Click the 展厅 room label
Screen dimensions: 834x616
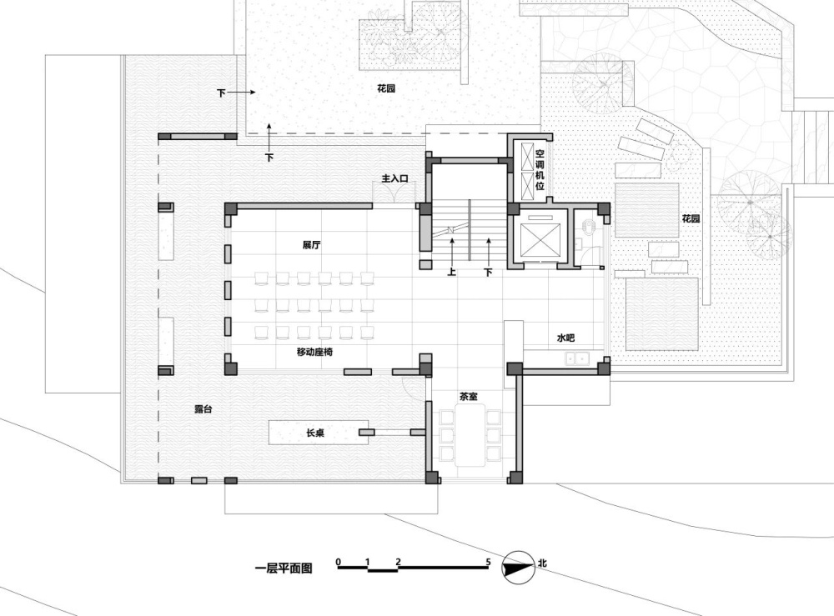tap(311, 245)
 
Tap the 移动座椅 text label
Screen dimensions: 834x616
tap(315, 352)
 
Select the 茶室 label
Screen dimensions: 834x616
tap(469, 397)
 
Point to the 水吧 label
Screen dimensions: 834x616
tap(565, 338)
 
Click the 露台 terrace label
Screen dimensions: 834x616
tap(203, 408)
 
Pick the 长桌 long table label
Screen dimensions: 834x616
tap(315, 433)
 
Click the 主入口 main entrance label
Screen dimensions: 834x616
tap(394, 178)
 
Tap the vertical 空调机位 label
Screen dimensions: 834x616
tap(540, 169)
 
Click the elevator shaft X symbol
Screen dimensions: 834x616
tap(540, 240)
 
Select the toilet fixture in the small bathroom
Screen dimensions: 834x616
tap(589, 227)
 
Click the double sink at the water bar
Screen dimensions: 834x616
tap(576, 358)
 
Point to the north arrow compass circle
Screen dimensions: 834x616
tap(519, 567)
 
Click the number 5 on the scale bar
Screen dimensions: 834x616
tap(488, 561)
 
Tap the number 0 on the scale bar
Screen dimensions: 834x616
tap(339, 561)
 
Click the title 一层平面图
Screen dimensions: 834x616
tap(284, 568)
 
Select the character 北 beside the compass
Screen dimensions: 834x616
tap(542, 563)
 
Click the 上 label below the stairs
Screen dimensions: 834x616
tap(451, 272)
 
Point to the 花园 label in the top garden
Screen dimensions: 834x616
tap(386, 88)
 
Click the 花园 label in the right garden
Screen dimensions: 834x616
tap(691, 218)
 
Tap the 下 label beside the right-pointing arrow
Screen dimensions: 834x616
tap(221, 93)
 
